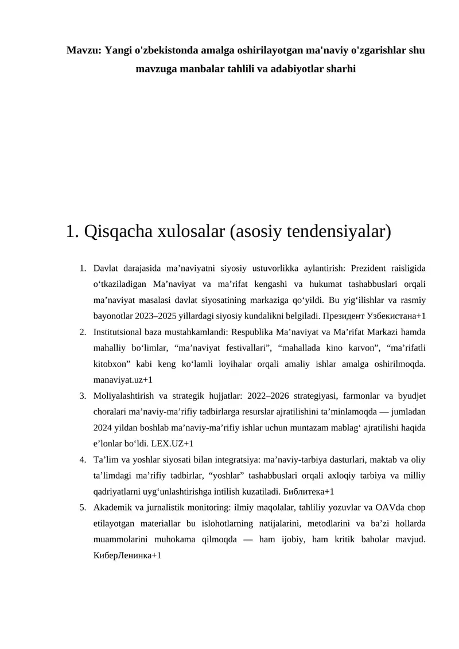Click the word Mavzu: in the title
[83, 50]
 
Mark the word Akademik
[111, 508]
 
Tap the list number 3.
[82, 396]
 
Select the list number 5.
[82, 508]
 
